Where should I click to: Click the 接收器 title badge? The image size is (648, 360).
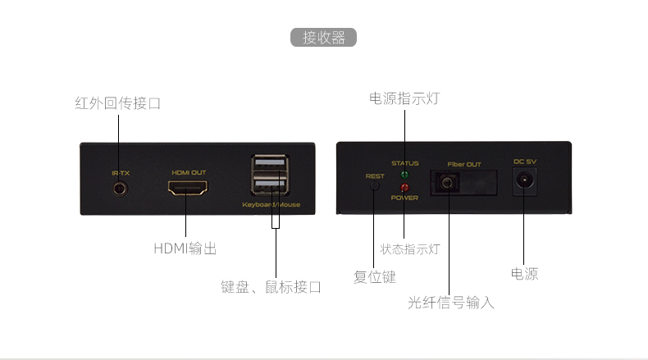coord(323,38)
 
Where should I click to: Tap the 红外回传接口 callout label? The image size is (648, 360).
coord(117,103)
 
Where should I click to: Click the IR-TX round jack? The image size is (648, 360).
coord(120,189)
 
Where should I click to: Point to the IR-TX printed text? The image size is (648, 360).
coord(120,173)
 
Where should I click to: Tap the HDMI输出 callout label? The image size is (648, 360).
coord(185,248)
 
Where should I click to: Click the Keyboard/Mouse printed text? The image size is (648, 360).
coord(270,204)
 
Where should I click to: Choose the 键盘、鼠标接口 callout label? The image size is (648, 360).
coord(271,287)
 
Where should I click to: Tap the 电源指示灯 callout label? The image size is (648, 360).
coord(404,98)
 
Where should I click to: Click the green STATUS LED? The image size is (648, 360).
coord(404,175)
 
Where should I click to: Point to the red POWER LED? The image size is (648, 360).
coord(404,189)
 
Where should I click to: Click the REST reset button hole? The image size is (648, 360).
coord(375,185)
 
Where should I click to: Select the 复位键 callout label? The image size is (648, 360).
coord(374,276)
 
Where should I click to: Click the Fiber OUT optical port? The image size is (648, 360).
coord(447,183)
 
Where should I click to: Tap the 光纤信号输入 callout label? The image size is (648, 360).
coord(450,303)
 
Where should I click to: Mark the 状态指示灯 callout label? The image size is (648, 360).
coord(410,248)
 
